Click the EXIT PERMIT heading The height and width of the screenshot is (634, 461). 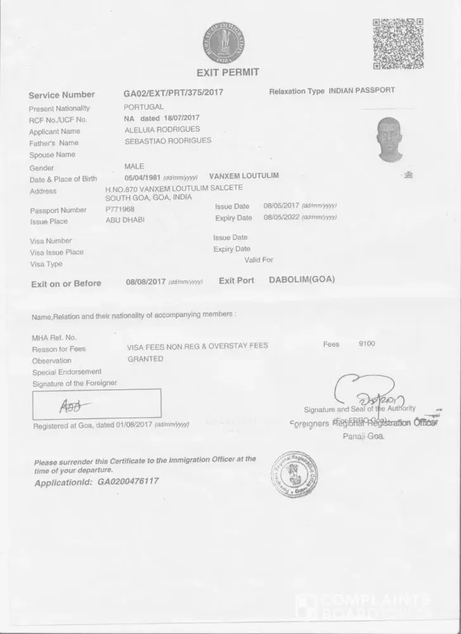(x=228, y=72)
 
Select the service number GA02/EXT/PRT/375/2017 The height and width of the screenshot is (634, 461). (x=173, y=93)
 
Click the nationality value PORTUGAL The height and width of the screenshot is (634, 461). (x=143, y=107)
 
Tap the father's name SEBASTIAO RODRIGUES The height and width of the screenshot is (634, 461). (x=168, y=141)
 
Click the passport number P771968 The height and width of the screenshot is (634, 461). (x=120, y=209)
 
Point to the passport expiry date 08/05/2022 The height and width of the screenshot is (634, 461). (x=281, y=217)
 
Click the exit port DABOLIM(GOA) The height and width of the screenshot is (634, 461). (x=302, y=280)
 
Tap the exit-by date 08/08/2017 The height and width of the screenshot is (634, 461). (x=145, y=281)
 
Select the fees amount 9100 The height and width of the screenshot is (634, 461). (x=367, y=344)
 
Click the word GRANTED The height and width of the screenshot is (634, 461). (x=145, y=358)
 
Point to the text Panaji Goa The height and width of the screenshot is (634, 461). (x=363, y=437)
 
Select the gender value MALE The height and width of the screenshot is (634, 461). (x=134, y=166)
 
